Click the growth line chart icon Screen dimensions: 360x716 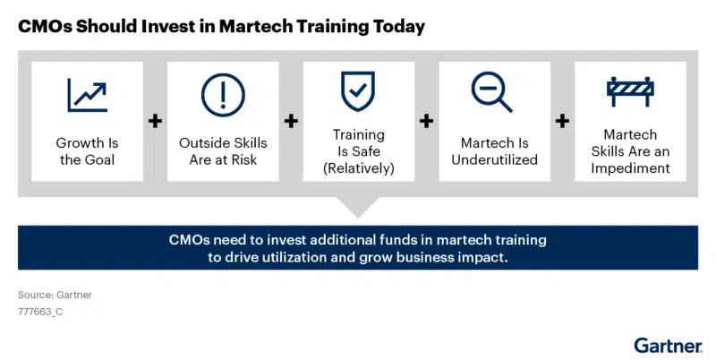point(87,95)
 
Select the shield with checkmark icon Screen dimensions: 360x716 point(357,91)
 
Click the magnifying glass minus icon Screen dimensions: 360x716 point(492,91)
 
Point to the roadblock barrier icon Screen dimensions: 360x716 point(630,91)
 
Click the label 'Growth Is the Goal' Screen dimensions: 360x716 point(87,151)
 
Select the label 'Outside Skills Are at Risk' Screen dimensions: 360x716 point(223,151)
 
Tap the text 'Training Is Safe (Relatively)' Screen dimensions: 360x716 point(358,151)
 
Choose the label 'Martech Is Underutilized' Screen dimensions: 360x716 point(494,151)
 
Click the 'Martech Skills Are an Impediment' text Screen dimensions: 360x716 point(630,151)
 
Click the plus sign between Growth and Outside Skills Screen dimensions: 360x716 point(155,121)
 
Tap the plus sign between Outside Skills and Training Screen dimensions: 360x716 point(291,121)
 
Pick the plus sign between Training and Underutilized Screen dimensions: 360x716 point(426,121)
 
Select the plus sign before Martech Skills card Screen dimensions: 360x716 point(562,121)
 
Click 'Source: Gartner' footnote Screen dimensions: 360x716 point(55,295)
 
